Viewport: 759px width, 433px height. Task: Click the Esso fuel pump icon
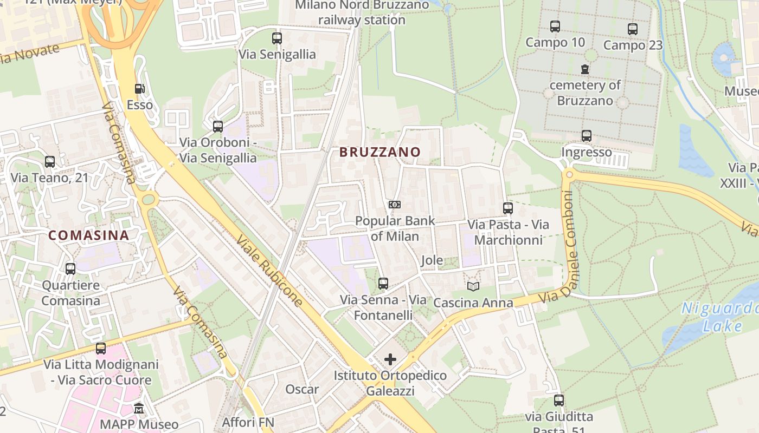coord(140,89)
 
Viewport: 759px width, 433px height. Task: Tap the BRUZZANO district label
coord(380,152)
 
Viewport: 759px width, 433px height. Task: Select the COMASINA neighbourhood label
coord(89,235)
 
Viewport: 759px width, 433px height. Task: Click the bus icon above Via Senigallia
coord(277,38)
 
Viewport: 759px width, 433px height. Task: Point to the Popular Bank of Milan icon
coord(395,205)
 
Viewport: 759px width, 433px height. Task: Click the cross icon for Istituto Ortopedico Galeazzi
coord(390,359)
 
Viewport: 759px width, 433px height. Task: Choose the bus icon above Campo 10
coord(555,27)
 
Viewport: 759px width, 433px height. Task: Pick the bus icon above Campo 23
coord(633,29)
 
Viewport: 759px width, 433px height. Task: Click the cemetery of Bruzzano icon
coord(585,69)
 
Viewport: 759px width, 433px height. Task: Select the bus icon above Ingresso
coord(587,136)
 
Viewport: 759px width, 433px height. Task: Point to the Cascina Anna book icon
coord(473,286)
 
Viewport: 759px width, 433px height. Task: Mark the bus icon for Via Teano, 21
coord(50,161)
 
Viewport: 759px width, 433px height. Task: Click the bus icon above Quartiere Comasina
coord(70,268)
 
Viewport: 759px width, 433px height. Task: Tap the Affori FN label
coord(248,422)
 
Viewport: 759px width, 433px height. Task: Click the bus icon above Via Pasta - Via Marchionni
coord(508,208)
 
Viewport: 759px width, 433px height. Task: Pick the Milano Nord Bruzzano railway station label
coord(362,12)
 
